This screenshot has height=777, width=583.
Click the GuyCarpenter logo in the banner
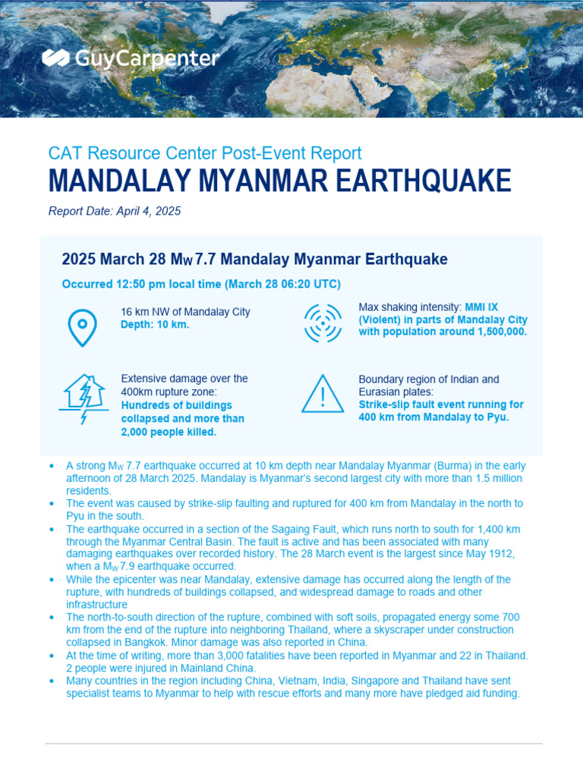click(x=131, y=58)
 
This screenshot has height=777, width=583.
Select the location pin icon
click(x=82, y=327)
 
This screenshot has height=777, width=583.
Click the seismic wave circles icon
click(x=323, y=323)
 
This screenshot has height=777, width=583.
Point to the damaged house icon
click(x=83, y=399)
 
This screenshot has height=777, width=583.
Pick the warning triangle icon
click(x=323, y=394)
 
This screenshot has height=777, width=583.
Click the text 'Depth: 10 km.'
click(x=155, y=325)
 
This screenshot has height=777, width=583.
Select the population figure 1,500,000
click(x=496, y=332)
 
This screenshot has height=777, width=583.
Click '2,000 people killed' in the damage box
click(x=169, y=432)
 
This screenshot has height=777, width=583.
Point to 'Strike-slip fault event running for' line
click(x=440, y=404)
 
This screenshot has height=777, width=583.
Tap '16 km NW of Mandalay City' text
click(x=185, y=312)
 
